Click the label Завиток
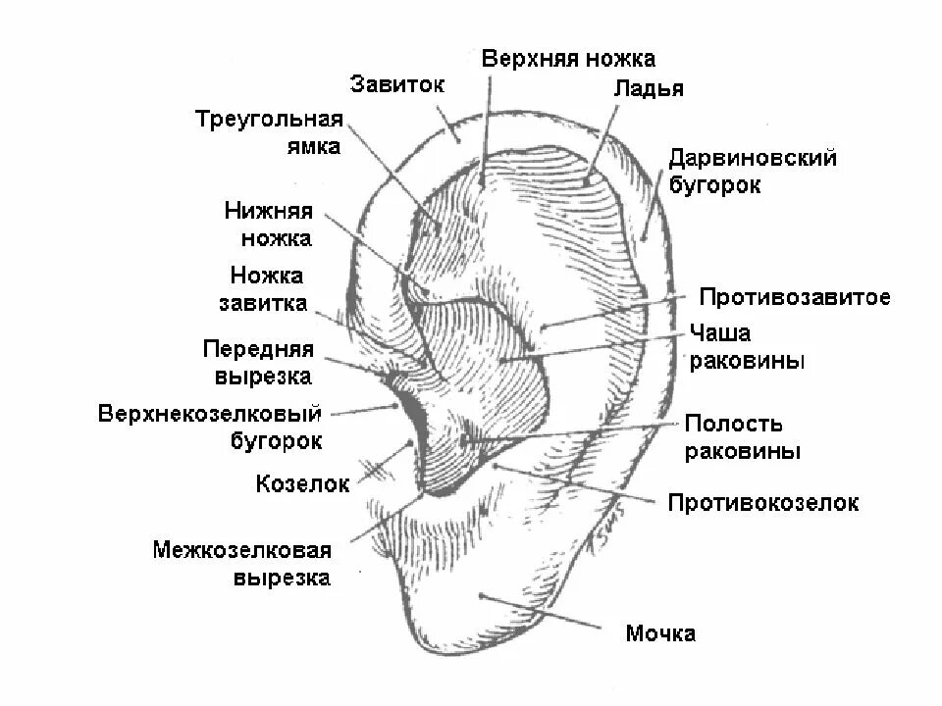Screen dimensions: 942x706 point(397,83)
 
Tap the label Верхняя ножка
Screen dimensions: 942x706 point(568,59)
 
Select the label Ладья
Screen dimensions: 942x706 point(649,88)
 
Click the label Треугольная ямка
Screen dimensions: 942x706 point(269,132)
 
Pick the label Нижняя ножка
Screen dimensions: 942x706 point(268,225)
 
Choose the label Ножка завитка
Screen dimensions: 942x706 point(266,289)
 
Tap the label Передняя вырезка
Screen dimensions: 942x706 point(257,363)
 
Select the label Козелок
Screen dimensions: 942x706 point(302,483)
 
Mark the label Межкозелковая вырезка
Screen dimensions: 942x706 point(241,563)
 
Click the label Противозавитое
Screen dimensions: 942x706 point(795,297)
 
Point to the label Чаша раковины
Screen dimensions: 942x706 point(748,347)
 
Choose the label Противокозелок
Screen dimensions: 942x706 point(762,503)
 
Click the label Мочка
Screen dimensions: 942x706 point(660,633)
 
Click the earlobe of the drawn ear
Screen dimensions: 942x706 point(471,608)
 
